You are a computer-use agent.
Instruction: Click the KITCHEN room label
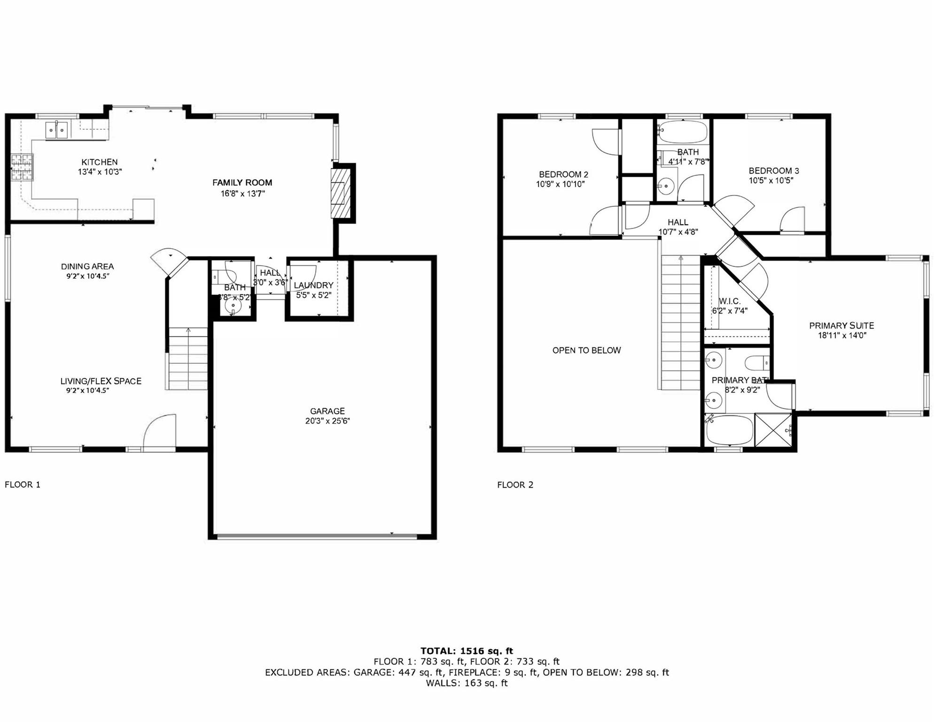point(99,162)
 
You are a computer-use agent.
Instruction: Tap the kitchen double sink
point(56,130)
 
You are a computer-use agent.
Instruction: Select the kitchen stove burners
point(22,167)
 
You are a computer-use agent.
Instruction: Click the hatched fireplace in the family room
point(341,193)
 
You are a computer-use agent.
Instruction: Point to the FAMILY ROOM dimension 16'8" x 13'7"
point(242,193)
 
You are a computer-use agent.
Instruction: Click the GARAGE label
point(327,411)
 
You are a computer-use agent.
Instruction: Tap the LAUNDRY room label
point(313,285)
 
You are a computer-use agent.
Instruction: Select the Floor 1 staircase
point(188,358)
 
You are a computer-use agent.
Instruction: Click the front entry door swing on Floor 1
point(160,432)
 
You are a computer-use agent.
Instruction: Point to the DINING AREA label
point(87,267)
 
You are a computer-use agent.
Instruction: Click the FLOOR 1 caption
point(23,485)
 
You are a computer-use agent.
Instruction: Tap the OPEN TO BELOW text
point(586,350)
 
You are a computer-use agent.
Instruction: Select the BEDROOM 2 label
point(563,174)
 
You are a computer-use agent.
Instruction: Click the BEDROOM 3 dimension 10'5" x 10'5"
point(771,180)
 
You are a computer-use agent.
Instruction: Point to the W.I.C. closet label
point(729,301)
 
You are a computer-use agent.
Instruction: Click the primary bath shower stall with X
point(773,430)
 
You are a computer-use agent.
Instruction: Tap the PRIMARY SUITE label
point(841,325)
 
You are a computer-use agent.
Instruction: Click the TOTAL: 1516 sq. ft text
point(467,651)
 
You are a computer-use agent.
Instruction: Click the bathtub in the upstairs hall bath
point(682,132)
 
